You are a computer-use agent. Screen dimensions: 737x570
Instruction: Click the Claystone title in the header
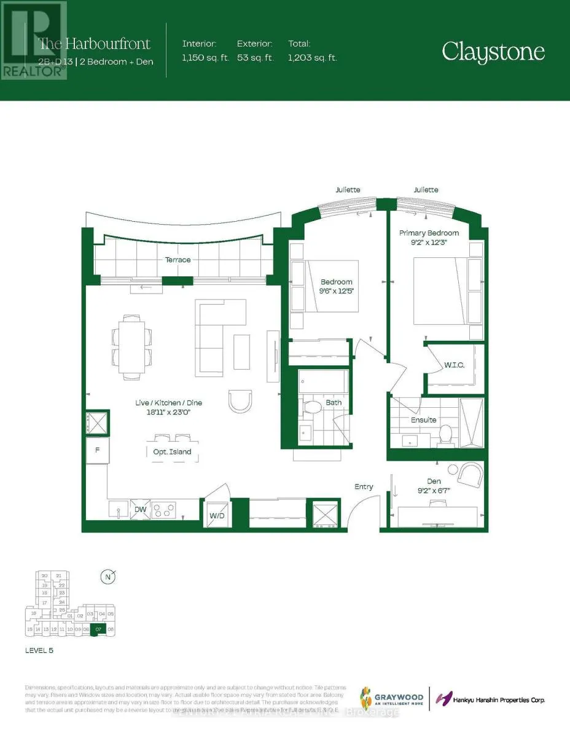tap(493, 52)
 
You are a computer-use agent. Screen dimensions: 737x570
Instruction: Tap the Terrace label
tap(177, 260)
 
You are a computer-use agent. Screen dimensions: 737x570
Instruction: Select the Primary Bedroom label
tap(429, 233)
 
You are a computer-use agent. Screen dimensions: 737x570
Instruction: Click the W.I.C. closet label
tap(455, 365)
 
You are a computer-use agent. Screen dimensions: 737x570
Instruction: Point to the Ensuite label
tap(424, 420)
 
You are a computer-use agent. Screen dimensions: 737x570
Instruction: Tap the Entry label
tap(364, 486)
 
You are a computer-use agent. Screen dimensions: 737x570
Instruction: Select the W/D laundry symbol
tap(217, 515)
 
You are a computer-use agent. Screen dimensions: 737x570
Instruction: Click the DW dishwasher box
tap(139, 509)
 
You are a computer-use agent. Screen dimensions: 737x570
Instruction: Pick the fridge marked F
tap(97, 450)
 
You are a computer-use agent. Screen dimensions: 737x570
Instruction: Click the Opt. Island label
tap(172, 452)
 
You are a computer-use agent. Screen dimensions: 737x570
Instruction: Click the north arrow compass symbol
tap(108, 577)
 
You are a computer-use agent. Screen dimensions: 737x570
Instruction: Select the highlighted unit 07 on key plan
tap(98, 629)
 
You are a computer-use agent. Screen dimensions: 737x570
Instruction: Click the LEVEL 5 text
tap(38, 650)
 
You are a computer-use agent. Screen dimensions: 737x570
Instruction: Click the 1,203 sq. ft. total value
tap(313, 58)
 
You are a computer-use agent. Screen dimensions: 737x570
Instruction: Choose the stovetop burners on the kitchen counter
tap(164, 510)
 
